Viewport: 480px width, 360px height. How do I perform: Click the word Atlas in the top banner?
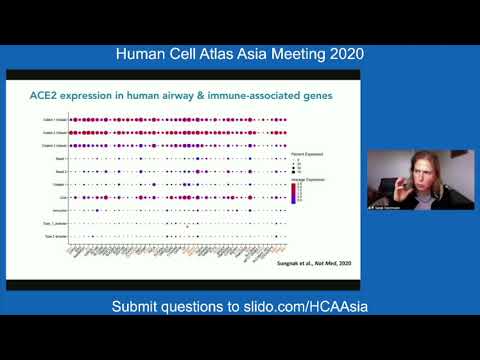pyautogui.click(x=222, y=52)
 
